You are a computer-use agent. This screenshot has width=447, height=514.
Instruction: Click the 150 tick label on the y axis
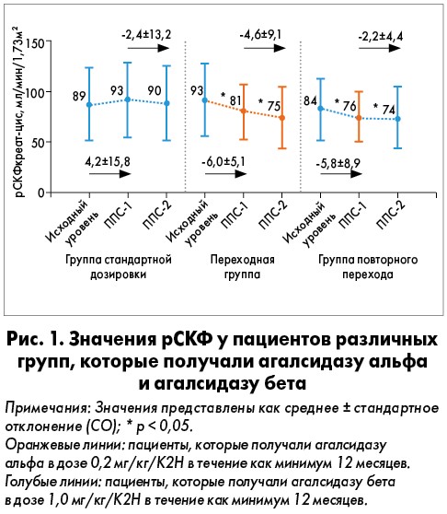coord(36,43)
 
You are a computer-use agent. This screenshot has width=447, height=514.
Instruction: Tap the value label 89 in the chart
coord(79,96)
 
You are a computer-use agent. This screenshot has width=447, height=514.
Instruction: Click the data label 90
coord(155,90)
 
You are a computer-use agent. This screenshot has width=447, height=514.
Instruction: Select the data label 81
coord(235,100)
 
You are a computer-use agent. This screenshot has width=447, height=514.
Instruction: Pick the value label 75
coord(273,106)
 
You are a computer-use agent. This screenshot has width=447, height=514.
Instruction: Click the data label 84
coord(310,100)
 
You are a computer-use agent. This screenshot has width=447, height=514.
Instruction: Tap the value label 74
coord(388,110)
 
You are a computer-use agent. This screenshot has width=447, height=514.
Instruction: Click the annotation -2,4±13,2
coord(146,34)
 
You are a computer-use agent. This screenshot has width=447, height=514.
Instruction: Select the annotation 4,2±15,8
coord(108,161)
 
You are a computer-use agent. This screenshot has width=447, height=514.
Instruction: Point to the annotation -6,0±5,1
coord(223,161)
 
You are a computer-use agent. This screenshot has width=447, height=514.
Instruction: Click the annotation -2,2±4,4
coord(380,36)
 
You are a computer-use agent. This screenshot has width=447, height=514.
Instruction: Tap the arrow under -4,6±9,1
coord(265,48)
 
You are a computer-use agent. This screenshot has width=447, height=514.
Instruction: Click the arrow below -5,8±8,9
coord(341,173)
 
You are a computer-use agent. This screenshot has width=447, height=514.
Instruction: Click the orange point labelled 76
coord(359,118)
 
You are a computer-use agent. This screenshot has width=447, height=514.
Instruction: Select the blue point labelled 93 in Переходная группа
coord(205,100)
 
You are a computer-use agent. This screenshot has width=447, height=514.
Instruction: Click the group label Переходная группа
coord(242,267)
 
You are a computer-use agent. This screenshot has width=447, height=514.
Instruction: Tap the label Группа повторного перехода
coord(368,267)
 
